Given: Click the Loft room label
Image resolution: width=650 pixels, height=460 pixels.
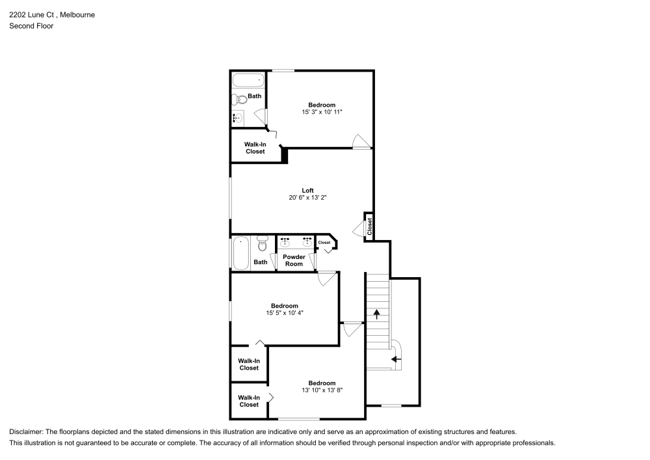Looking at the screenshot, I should point(307,191).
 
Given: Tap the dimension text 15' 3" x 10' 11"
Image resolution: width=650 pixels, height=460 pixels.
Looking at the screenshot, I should point(322,112).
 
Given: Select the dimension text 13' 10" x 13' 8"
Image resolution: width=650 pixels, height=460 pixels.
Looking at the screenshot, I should point(322,390).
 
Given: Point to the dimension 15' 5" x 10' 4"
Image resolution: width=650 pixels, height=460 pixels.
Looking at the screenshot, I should point(285,313).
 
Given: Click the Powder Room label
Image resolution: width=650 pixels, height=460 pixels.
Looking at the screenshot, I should point(294,260).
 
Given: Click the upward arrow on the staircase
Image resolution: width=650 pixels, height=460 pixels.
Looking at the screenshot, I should point(376,314).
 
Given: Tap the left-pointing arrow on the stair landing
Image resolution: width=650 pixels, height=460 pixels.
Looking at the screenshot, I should point(396,359).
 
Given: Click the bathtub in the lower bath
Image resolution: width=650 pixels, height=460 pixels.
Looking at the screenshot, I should point(241,253).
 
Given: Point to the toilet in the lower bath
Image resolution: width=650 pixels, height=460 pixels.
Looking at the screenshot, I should point(263,244).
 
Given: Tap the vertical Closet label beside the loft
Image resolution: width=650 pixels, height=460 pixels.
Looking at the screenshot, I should point(369,226).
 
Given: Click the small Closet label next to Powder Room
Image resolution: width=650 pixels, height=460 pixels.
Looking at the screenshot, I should point(324,243).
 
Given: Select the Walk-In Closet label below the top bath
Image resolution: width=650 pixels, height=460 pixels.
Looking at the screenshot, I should point(255,148).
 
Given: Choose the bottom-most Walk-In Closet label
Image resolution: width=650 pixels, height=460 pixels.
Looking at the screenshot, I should point(249,401).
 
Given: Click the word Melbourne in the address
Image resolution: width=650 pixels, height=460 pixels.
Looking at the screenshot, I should point(77,14).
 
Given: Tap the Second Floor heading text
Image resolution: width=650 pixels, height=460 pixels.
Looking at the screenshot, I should point(31,26).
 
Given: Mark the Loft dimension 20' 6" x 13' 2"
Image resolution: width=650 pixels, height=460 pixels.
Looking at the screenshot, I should point(307,198).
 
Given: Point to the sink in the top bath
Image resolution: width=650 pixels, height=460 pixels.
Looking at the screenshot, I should point(238,118).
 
